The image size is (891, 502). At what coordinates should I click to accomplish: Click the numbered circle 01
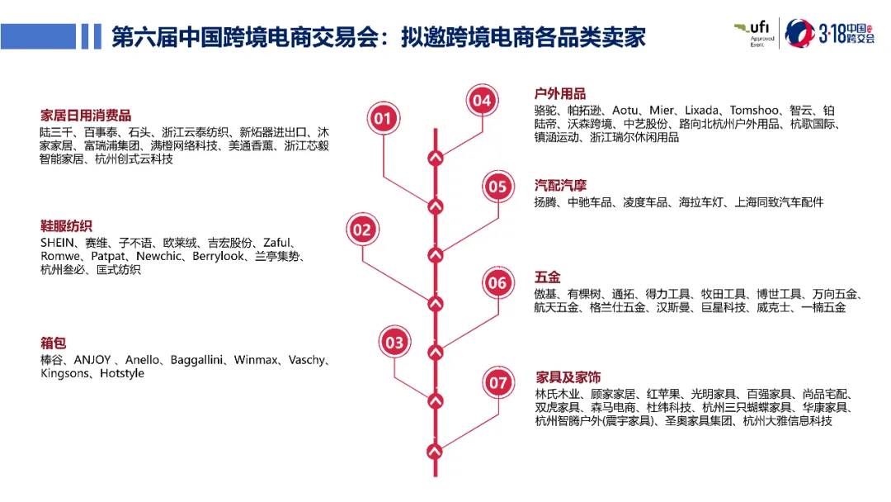click(x=383, y=119)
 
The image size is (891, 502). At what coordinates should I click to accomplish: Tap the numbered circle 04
click(x=482, y=101)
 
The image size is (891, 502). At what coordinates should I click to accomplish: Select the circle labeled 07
click(x=498, y=382)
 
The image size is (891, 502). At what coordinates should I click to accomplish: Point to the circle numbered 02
click(x=362, y=230)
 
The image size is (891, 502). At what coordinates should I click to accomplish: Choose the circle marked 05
click(x=497, y=187)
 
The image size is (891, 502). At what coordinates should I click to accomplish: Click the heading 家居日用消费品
click(x=86, y=116)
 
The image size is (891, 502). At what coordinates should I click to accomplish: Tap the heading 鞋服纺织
click(x=66, y=226)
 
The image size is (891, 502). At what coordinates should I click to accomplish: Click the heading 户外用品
click(x=560, y=93)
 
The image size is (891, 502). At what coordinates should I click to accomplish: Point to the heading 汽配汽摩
click(x=560, y=185)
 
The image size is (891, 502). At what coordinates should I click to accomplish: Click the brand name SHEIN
click(x=59, y=243)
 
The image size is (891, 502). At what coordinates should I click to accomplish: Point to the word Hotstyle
click(x=122, y=374)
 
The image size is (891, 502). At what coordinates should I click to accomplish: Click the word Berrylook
click(x=218, y=256)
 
